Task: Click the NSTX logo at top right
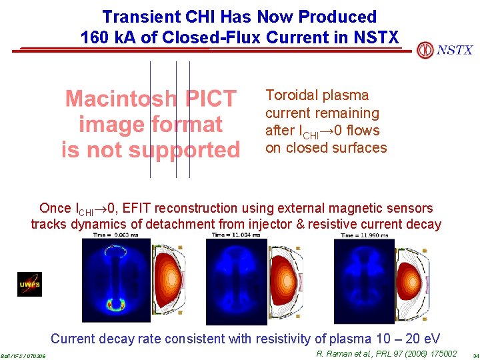tap(445, 50)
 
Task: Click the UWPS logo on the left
tap(29, 284)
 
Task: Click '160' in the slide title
tap(94, 37)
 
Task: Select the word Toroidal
tap(291, 95)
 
